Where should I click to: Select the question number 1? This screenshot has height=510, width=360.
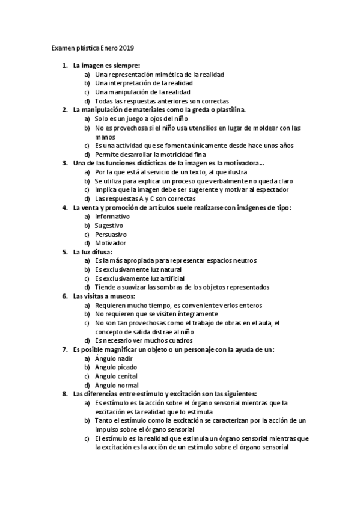pyautogui.click(x=65, y=66)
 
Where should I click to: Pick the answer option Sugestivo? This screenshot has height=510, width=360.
pyautogui.click(x=109, y=226)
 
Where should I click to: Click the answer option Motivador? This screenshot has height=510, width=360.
pyautogui.click(x=111, y=243)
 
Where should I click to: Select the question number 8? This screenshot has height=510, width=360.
pyautogui.click(x=65, y=394)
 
